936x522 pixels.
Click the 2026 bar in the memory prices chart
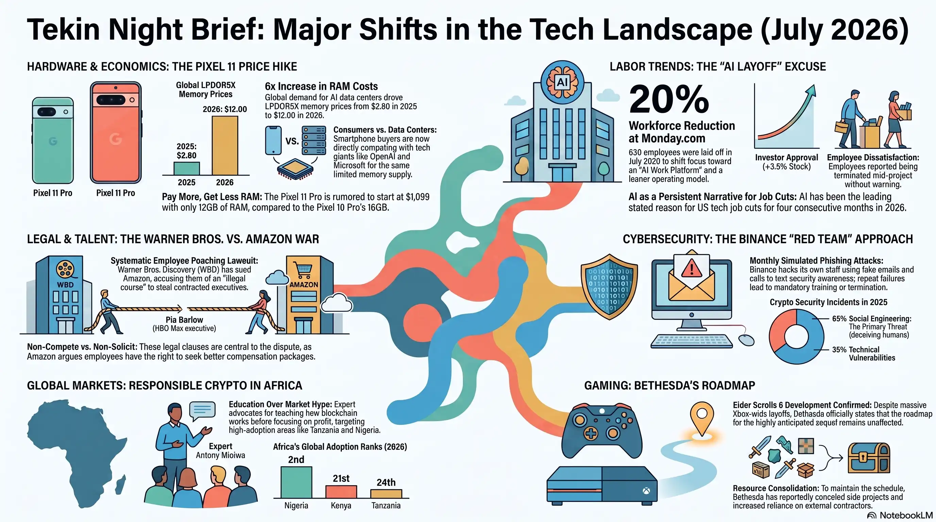[x=225, y=145]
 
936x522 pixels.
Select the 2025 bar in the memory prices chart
[x=186, y=169]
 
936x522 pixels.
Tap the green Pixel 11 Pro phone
[x=53, y=140]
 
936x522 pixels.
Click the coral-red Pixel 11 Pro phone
[x=116, y=133]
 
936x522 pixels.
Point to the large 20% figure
[x=669, y=99]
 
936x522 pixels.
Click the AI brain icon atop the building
[x=562, y=82]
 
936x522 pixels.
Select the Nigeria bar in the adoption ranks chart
[x=296, y=482]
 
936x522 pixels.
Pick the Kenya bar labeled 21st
[x=341, y=491]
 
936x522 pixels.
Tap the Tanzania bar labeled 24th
[x=386, y=494]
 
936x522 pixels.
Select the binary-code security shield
[x=609, y=287]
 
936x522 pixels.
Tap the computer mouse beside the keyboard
[x=746, y=340]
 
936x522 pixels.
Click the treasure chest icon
[x=869, y=458]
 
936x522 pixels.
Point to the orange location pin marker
[x=702, y=417]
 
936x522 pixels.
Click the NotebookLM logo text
[x=906, y=515]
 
